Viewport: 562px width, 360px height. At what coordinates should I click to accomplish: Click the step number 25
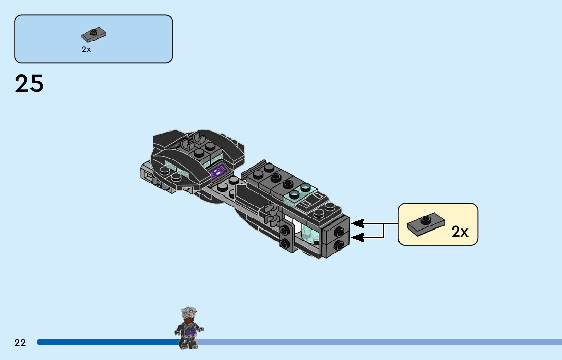click(29, 84)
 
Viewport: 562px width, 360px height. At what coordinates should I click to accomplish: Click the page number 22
click(20, 342)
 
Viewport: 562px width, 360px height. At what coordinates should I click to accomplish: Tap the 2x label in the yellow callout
click(460, 232)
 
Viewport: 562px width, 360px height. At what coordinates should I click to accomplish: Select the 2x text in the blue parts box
click(86, 50)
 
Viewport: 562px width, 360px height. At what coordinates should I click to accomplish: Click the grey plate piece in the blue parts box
click(93, 35)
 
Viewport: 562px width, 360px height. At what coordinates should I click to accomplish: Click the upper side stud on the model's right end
click(339, 232)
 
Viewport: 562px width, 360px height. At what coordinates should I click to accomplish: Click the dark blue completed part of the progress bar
click(107, 342)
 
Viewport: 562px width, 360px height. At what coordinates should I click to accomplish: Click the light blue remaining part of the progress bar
click(381, 342)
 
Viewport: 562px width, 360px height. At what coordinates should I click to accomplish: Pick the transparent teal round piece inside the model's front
click(309, 234)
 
